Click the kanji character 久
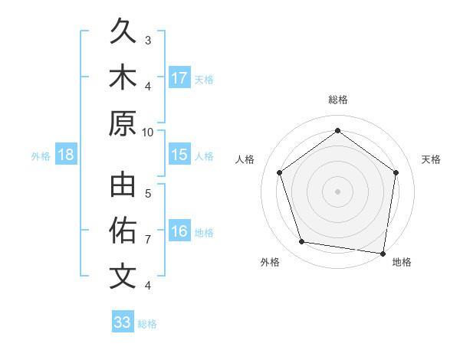(123, 33)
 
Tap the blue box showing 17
(179, 78)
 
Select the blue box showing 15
(179, 155)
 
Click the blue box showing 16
(179, 231)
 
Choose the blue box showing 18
(66, 155)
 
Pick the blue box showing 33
(122, 322)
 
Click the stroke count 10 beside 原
(148, 132)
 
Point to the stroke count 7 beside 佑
(148, 240)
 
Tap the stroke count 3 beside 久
(148, 40)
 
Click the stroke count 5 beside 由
(148, 194)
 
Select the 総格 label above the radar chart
(337, 100)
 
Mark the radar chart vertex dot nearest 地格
(383, 253)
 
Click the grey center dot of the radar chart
(337, 191)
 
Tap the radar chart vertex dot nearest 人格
(280, 172)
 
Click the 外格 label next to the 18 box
(41, 155)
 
